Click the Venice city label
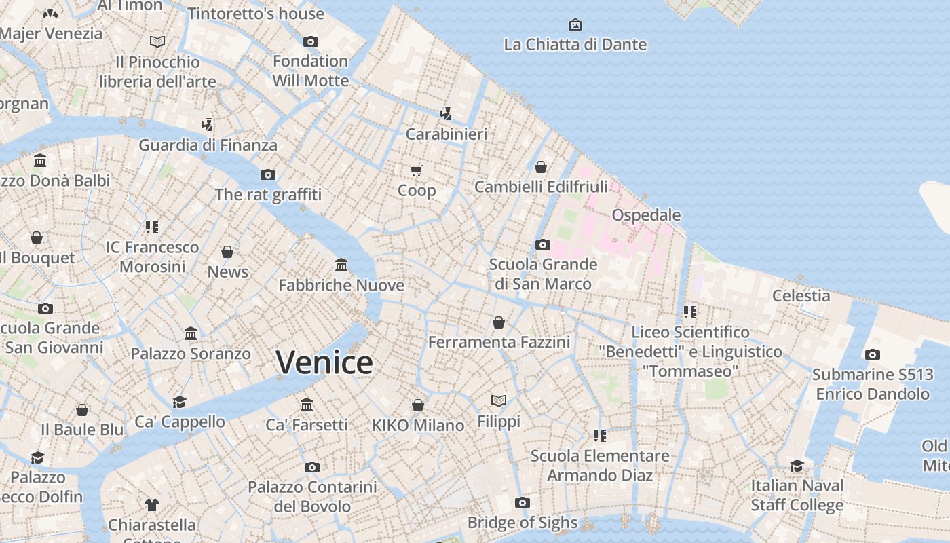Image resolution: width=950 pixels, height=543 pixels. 324,362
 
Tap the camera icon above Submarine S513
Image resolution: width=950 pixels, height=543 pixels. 873,354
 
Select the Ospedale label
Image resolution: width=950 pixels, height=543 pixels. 646,215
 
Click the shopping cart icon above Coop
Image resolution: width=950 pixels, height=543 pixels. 417,170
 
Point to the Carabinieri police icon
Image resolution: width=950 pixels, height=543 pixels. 446,113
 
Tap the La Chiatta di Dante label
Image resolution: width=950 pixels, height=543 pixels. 575,45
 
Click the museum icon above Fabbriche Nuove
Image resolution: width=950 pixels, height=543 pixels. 341,265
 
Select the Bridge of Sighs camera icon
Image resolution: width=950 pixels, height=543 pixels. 522,502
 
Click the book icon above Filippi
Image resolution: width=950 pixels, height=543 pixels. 499,401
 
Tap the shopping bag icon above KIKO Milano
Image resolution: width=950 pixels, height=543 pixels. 418,405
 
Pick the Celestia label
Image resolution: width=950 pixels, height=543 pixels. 801,295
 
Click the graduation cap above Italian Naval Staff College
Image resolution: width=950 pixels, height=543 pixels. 797,466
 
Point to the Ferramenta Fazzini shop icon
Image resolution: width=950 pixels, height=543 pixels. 499,322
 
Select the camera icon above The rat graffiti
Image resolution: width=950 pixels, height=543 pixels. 268,174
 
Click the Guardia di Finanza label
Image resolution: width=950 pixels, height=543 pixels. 208,145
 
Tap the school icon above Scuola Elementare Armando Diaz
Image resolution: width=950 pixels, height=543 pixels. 599,435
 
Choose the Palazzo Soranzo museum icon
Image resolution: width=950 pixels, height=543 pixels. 191,333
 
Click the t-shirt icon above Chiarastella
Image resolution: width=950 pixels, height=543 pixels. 152,504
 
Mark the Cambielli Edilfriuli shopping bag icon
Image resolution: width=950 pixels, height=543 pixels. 541,166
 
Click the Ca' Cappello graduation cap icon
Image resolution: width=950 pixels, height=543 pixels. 179,402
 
